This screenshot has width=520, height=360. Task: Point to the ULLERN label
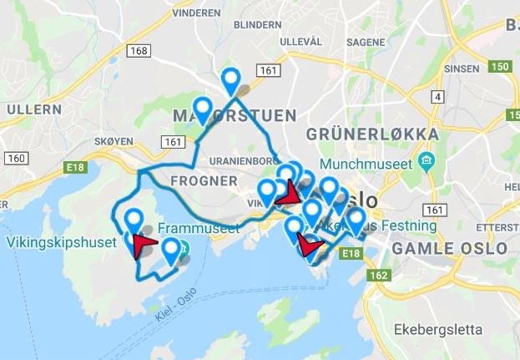pyautogui.click(x=34, y=109)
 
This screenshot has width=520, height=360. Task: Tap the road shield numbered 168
pyautogui.click(x=139, y=52)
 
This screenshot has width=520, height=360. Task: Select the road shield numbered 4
pyautogui.click(x=437, y=98)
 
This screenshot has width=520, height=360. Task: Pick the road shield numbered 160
pyautogui.click(x=16, y=158)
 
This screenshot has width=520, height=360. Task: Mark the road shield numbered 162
pyautogui.click(x=378, y=276)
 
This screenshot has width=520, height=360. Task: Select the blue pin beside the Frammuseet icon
pyautogui.click(x=171, y=250)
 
